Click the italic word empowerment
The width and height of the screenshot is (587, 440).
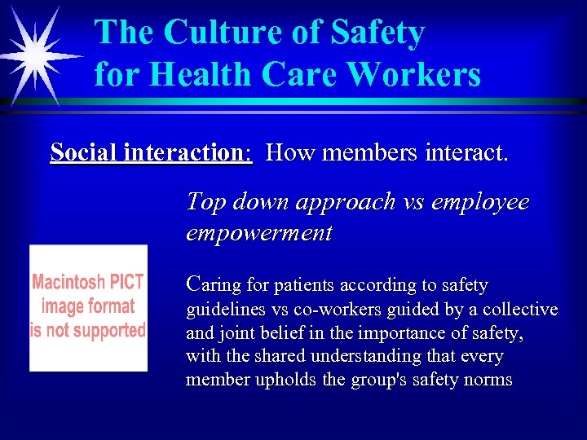(259, 234)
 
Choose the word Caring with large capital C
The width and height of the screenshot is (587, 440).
(214, 284)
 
